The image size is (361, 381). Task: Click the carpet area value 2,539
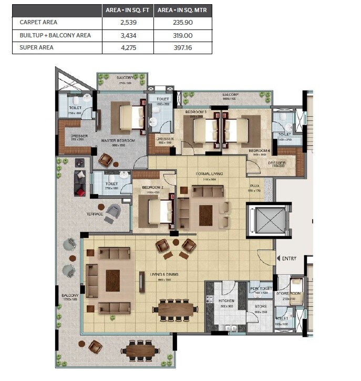[x=127, y=23]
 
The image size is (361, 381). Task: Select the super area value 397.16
[x=182, y=47]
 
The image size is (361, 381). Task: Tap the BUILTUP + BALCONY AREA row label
[x=55, y=35]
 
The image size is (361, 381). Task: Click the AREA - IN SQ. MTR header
[x=182, y=11]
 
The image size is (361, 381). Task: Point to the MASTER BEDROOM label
[x=118, y=141]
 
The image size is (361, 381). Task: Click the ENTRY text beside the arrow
[x=290, y=258]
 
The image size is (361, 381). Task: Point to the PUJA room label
[x=255, y=186]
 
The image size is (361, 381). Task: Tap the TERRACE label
[x=95, y=214]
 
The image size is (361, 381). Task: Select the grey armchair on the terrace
[x=112, y=213]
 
